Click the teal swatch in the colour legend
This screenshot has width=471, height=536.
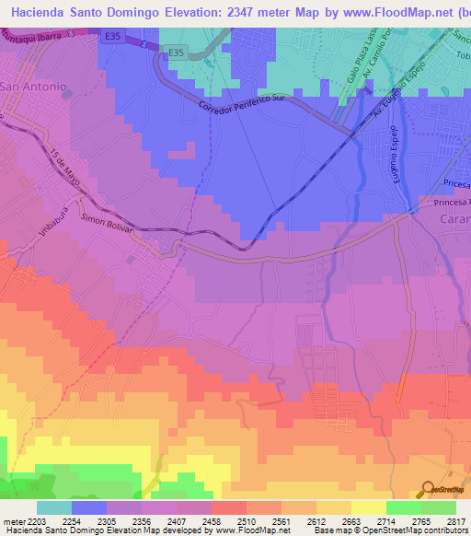(54, 507)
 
